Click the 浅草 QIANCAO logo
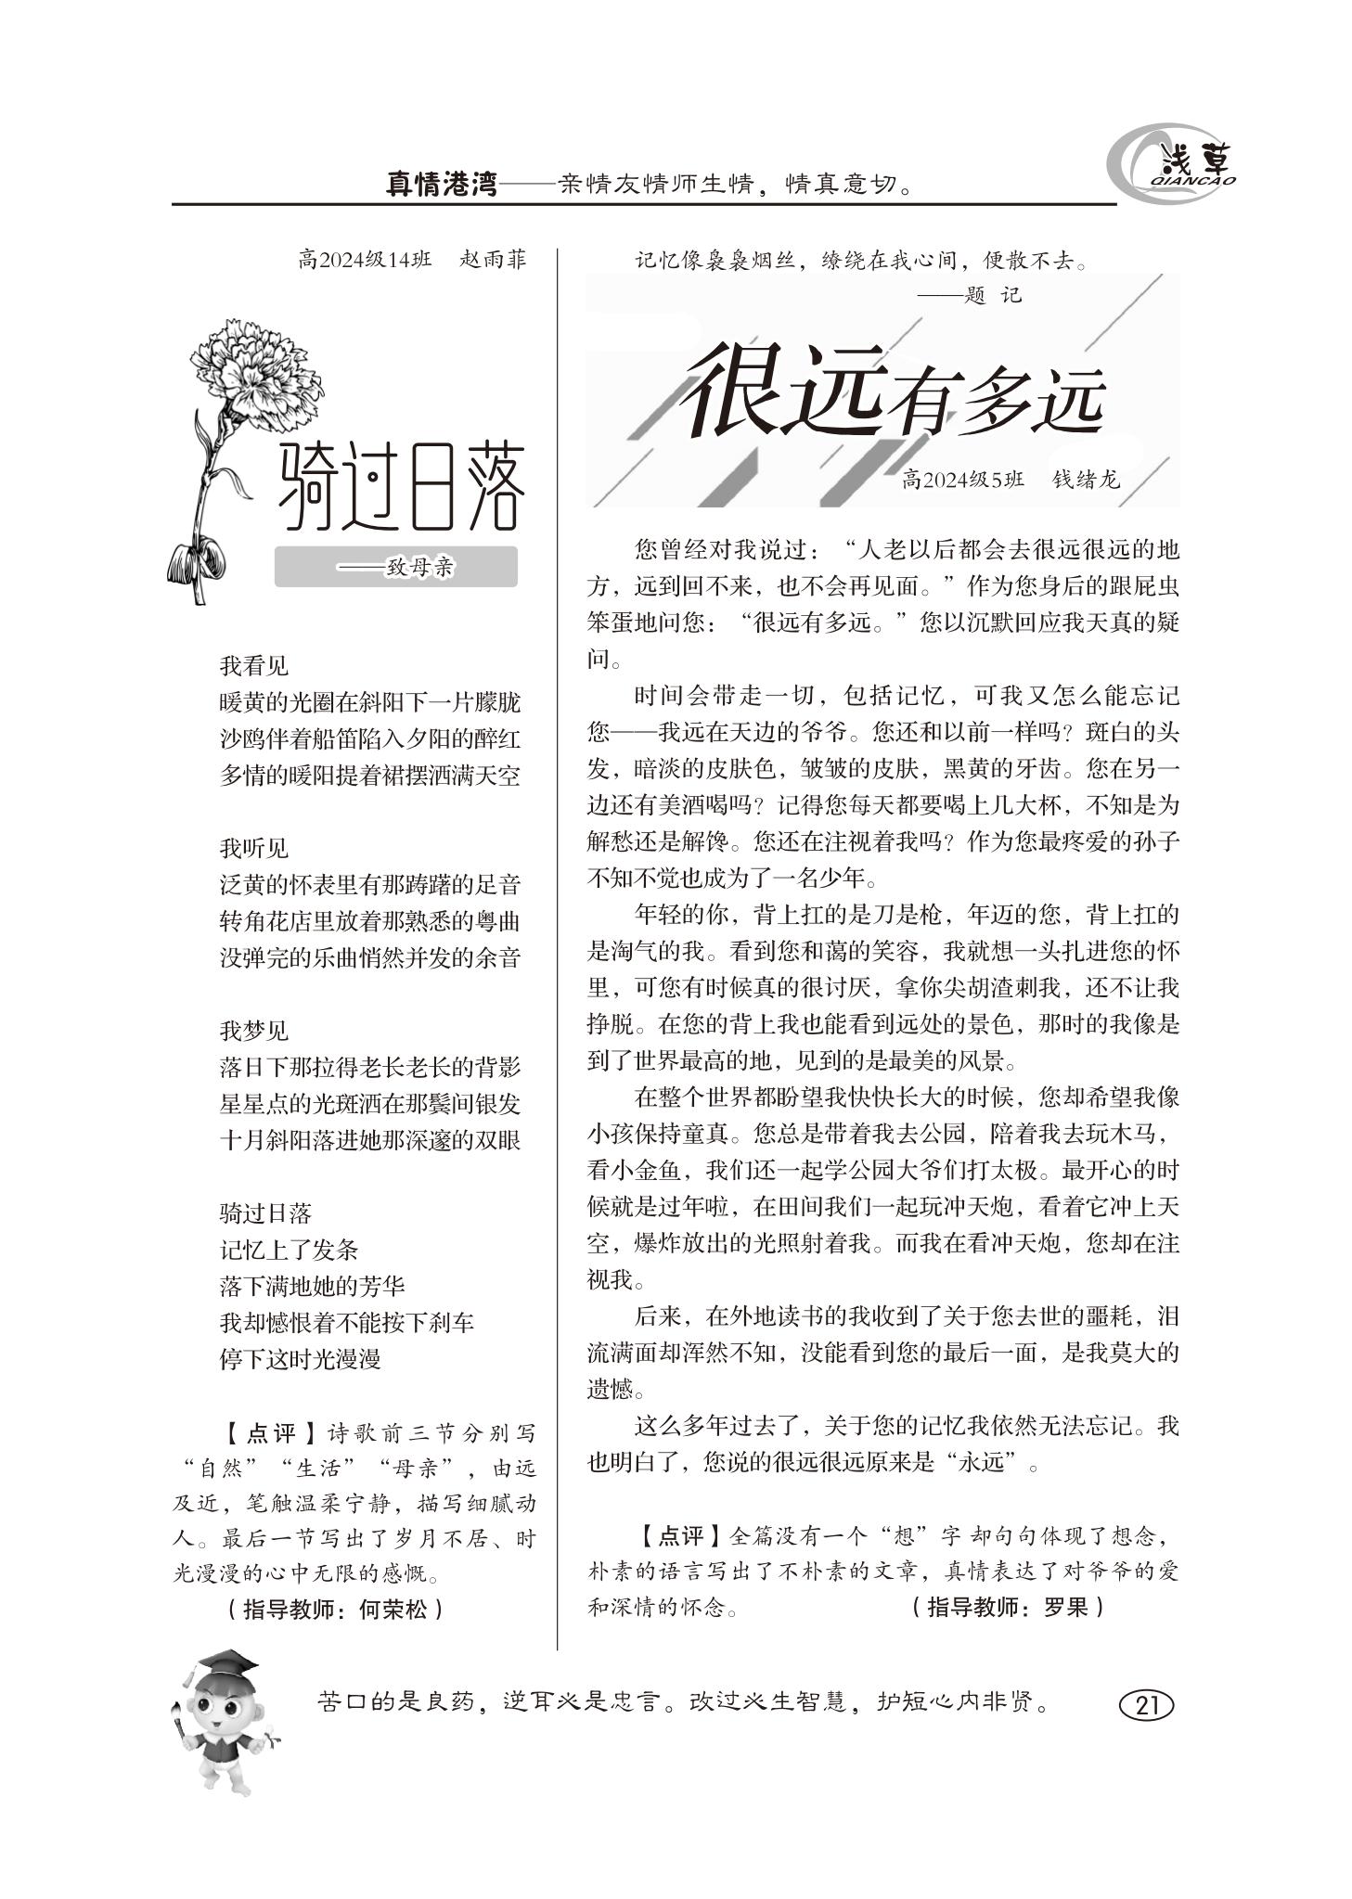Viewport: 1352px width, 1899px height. pos(1174,167)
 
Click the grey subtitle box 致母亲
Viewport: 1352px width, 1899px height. pos(396,567)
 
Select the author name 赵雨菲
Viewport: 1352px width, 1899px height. pos(493,260)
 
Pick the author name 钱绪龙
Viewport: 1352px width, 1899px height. pos(1086,480)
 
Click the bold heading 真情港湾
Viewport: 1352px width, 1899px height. pos(441,184)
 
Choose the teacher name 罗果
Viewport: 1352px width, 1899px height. pos(1064,1607)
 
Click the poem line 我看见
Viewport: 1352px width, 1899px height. pos(254,665)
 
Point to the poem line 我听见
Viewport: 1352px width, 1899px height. pos(254,848)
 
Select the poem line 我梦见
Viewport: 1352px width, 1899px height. pos(254,1031)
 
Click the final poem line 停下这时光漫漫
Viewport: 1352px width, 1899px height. pos(300,1359)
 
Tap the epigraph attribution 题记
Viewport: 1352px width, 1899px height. pos(991,296)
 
